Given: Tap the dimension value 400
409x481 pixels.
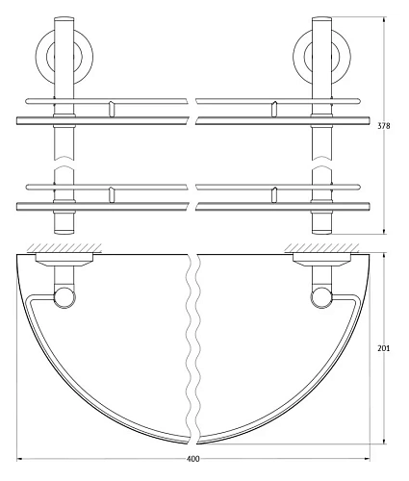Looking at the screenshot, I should (x=193, y=459).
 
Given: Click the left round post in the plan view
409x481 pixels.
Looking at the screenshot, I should (x=65, y=296).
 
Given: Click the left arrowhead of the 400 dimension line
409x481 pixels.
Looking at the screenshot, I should (x=21, y=456).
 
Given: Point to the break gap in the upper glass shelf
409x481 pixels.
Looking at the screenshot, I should (x=193, y=119).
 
